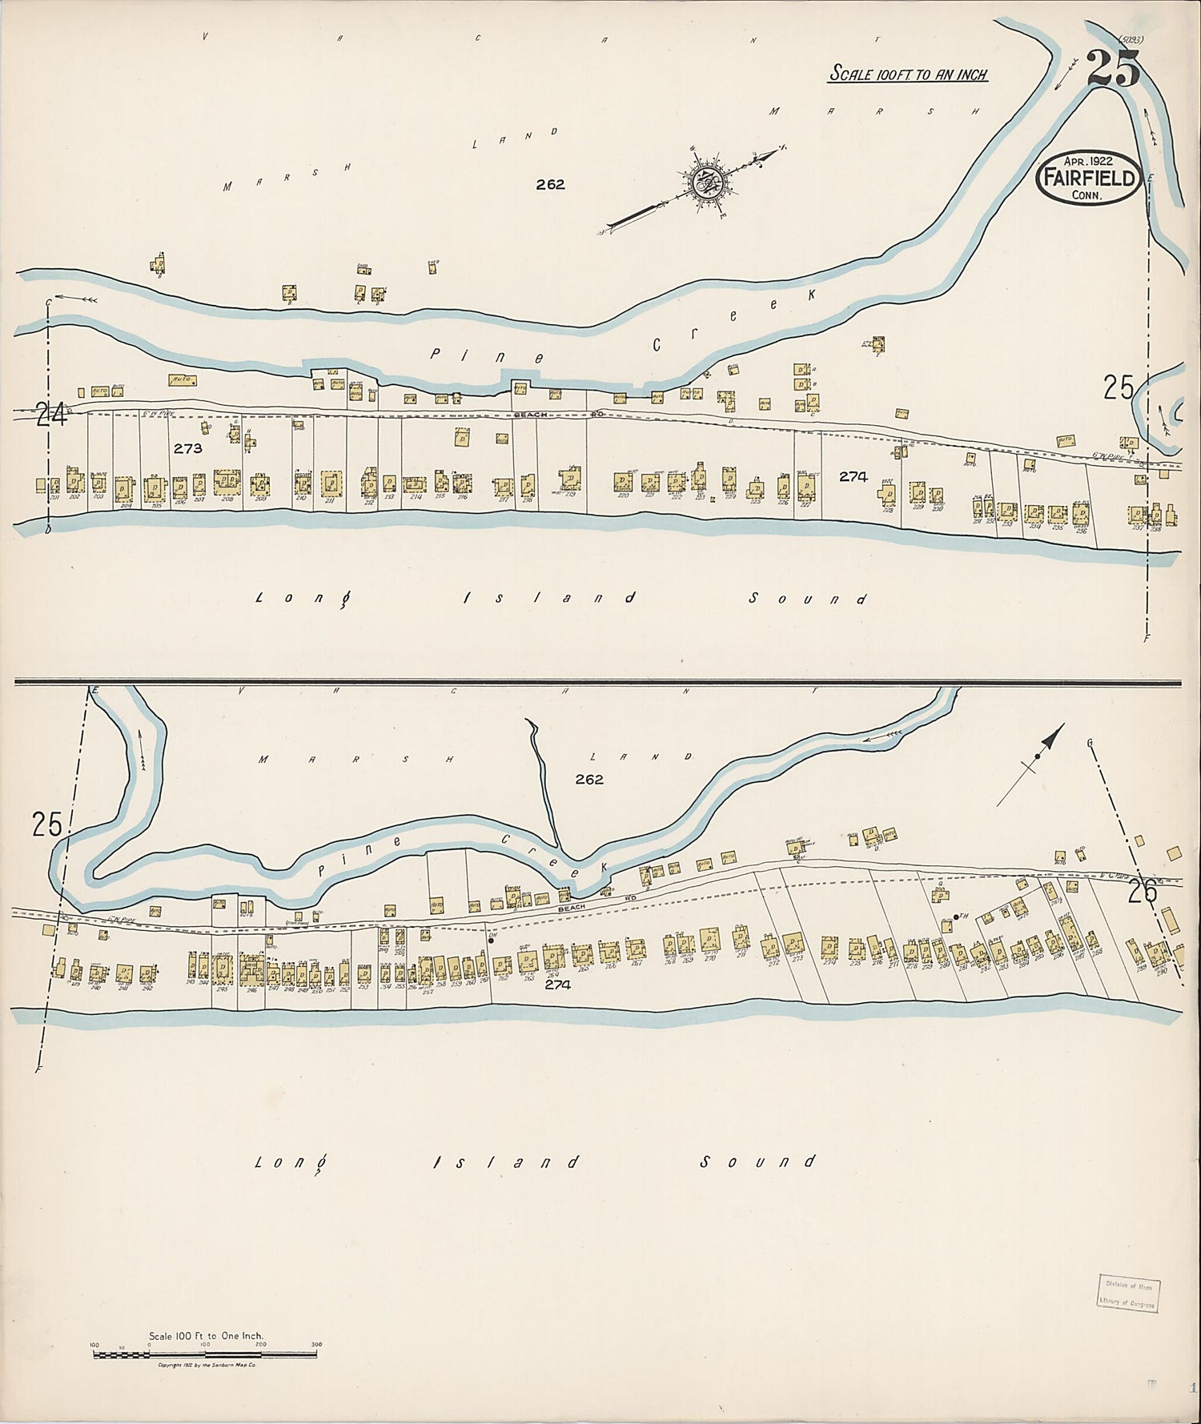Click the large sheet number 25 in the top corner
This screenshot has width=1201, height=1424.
click(1113, 70)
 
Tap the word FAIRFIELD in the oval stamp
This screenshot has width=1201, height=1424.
click(1089, 178)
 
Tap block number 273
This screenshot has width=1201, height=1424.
click(188, 449)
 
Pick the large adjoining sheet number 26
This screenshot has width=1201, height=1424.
click(1143, 891)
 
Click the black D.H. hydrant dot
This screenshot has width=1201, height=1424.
click(491, 941)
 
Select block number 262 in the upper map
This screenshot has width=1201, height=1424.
click(550, 184)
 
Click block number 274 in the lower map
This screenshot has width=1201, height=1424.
click(557, 985)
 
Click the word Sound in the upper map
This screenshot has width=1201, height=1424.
click(809, 599)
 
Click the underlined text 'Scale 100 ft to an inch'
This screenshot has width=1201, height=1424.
click(908, 74)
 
